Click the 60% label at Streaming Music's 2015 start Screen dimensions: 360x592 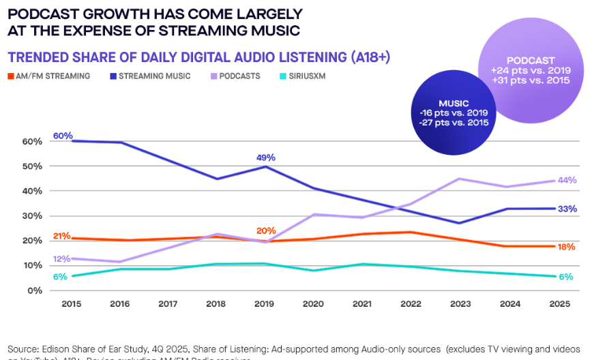pos(63,136)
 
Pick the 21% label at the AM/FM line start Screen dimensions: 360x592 pos(62,236)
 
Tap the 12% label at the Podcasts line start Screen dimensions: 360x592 pos(62,258)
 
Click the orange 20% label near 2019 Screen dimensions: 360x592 pos(267,230)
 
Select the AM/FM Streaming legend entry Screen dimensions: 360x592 pos(49,76)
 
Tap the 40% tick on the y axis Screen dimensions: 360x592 pos(31,191)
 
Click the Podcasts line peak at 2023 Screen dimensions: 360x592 pos(459,179)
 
